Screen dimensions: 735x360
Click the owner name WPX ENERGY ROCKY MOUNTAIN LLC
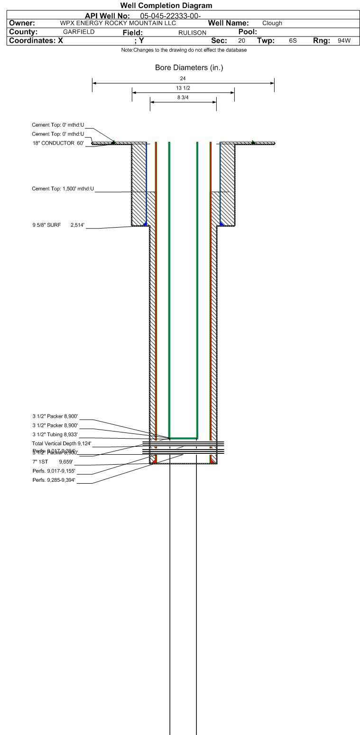click(x=118, y=23)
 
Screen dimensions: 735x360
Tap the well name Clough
click(x=272, y=23)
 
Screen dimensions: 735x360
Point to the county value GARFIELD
click(x=79, y=32)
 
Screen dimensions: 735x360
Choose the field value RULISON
click(x=192, y=32)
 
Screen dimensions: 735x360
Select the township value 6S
click(x=293, y=41)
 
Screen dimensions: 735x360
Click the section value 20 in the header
click(x=242, y=41)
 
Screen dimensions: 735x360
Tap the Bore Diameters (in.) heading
click(x=189, y=68)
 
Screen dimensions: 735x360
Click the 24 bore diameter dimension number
click(x=183, y=78)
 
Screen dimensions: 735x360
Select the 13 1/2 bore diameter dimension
click(x=183, y=88)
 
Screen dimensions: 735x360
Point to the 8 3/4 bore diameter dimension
click(x=183, y=97)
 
